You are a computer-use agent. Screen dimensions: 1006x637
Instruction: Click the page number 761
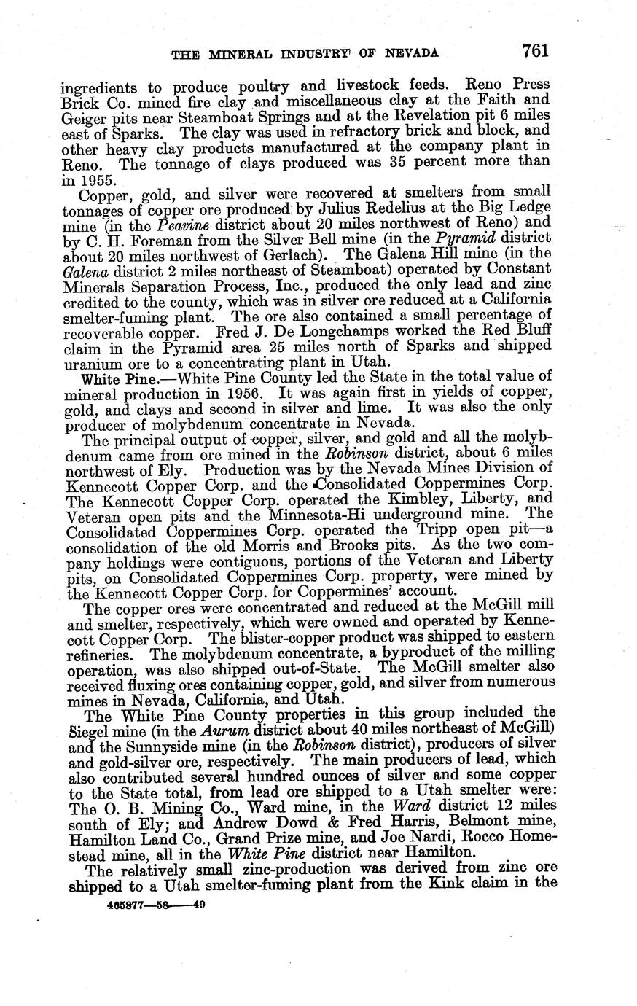[534, 50]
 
